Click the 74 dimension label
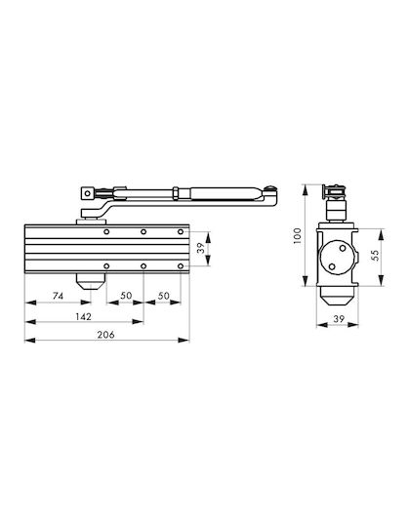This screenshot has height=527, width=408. coord(58,296)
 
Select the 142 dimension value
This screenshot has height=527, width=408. coord(83,316)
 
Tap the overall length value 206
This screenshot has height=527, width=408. coord(105,335)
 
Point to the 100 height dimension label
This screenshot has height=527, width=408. coord(298,235)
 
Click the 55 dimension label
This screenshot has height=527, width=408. coord(375,255)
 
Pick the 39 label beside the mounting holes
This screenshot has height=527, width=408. coord(200,249)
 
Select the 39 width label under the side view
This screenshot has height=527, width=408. coord(339,318)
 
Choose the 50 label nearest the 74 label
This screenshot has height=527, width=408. coord(126,296)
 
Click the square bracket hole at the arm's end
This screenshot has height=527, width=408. coord(87,193)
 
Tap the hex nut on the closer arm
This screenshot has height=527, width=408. coord(175,193)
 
